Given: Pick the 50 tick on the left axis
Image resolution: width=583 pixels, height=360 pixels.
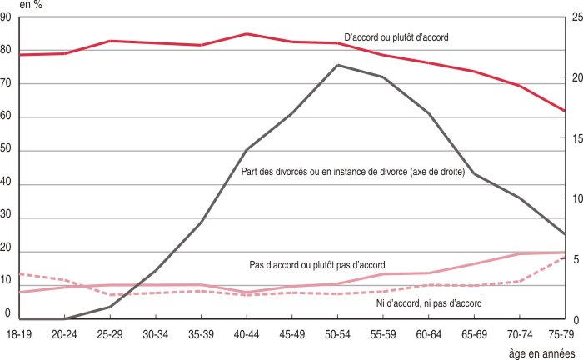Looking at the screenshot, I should pos(7,151).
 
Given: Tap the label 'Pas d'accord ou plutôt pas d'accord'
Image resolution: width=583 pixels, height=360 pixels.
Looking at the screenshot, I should pos(316,264).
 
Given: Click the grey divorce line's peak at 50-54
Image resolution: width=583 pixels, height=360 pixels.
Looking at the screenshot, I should pos(337,65).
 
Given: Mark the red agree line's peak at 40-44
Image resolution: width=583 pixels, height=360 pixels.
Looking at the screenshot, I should pos(246,34).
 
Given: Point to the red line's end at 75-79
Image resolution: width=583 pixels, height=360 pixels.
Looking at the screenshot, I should pos(565,111).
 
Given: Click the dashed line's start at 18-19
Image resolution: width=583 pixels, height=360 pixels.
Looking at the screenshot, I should pos(19,273).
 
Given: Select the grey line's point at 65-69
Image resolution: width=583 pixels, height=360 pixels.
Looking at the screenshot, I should pos(474,173).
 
